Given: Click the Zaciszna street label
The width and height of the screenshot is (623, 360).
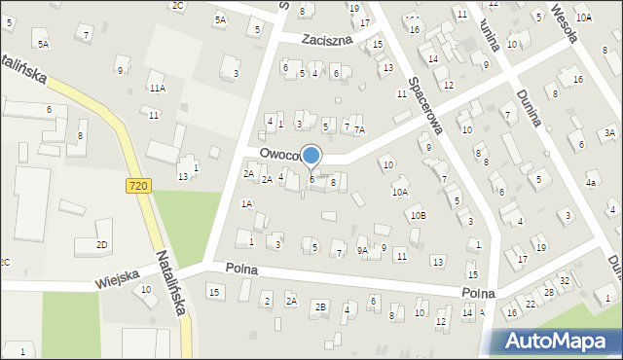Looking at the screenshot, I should [325, 41].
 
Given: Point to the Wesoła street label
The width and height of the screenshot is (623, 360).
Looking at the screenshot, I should [565, 23].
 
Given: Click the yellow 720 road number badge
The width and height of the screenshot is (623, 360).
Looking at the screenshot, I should [137, 184].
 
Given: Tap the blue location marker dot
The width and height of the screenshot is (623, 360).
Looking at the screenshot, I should [311, 155].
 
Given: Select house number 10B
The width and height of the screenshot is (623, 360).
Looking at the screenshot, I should [417, 215].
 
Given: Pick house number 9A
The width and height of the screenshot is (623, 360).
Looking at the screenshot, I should [362, 251].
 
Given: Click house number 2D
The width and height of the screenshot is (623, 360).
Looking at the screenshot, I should [102, 244].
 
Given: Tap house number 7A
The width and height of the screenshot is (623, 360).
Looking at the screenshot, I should [359, 129].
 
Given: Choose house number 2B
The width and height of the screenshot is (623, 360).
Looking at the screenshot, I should [319, 307].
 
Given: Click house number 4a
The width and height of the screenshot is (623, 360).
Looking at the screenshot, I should [590, 182].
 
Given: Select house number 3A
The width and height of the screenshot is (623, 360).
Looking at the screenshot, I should [609, 132].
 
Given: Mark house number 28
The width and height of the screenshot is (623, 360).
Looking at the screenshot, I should [549, 292].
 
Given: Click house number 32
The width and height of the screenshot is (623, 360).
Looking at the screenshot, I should [564, 280].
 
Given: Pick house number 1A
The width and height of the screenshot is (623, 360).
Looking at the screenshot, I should [247, 203].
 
